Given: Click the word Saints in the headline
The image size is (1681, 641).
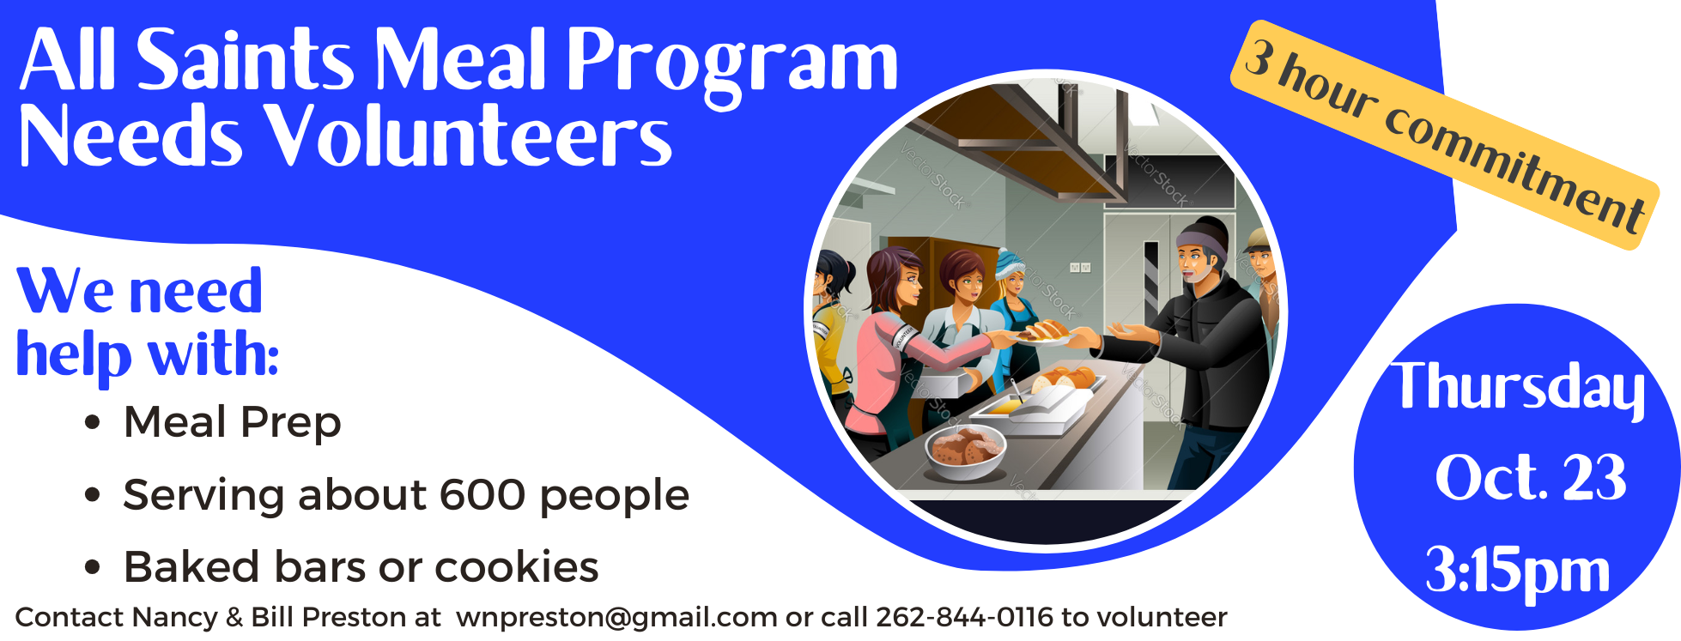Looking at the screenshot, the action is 246,59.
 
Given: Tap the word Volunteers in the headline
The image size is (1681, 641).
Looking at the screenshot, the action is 467,136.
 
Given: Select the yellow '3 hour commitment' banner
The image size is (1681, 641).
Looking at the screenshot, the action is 1444,135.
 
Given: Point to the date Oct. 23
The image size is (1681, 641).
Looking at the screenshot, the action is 1531,477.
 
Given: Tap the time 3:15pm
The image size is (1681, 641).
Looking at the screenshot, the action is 1518,571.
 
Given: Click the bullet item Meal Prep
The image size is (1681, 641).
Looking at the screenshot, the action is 232,422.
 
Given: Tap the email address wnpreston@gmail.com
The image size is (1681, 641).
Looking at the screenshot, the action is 616,617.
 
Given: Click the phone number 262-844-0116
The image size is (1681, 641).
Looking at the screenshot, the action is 964,617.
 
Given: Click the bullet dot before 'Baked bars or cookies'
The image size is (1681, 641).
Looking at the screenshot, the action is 93,568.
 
